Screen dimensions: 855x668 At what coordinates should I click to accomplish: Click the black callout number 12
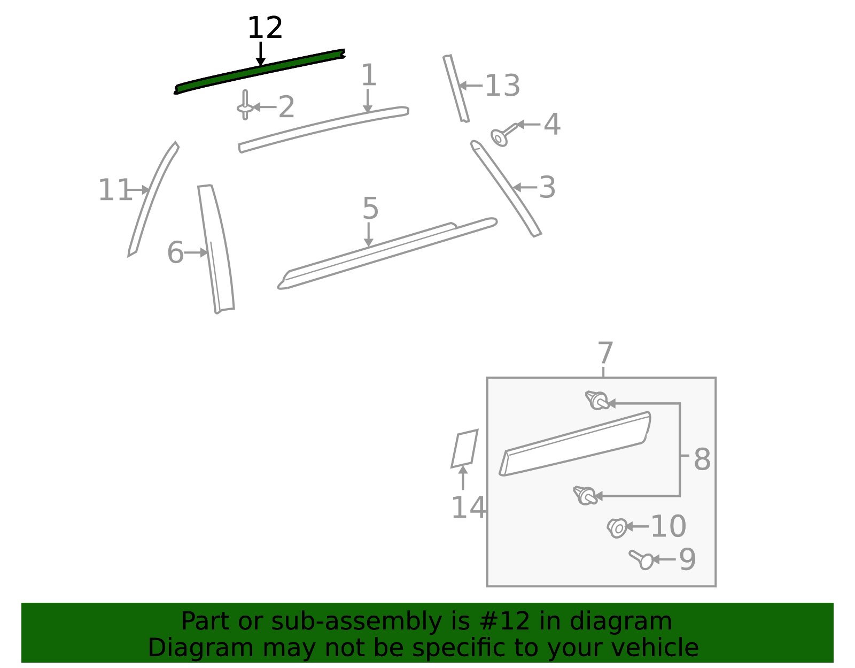click(265, 28)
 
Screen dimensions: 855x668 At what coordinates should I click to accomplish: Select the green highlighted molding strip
click(260, 71)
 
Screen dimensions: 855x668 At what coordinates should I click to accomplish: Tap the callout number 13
click(502, 86)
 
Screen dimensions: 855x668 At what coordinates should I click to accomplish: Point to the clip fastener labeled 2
click(245, 105)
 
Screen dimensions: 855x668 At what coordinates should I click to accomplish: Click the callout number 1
click(369, 75)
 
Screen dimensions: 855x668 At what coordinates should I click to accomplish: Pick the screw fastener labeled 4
click(503, 135)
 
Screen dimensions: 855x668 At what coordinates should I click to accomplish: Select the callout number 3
click(547, 187)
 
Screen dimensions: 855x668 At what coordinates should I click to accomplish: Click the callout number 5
click(370, 208)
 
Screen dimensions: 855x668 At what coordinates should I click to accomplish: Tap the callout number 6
click(175, 252)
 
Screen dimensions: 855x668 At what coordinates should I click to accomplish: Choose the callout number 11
click(115, 190)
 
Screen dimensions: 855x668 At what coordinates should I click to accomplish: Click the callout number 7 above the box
click(605, 352)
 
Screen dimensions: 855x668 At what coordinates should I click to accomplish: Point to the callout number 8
click(702, 459)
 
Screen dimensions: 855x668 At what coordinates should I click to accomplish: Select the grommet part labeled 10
click(617, 528)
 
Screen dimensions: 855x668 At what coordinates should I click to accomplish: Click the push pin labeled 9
click(641, 560)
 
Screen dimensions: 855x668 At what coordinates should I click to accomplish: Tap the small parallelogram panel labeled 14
click(465, 449)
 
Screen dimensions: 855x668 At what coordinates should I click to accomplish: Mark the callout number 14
click(468, 508)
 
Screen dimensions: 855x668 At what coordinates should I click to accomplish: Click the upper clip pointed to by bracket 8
click(597, 401)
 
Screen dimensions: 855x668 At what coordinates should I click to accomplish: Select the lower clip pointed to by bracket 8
click(585, 496)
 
